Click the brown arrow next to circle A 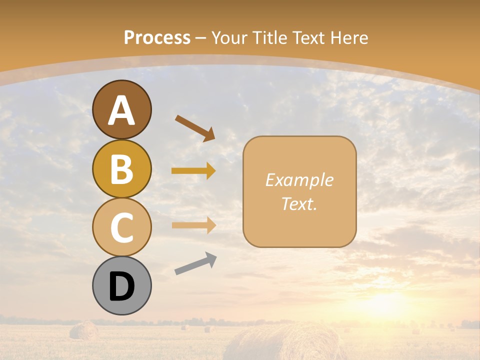point(195,128)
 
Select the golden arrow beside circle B point(193,171)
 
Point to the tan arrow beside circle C point(193,225)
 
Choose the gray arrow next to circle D point(195,263)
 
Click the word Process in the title point(157,37)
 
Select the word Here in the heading point(349,37)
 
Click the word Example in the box point(299,180)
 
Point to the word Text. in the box point(299,203)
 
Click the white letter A point(121,111)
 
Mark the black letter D point(121,287)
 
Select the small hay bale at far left point(83,330)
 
